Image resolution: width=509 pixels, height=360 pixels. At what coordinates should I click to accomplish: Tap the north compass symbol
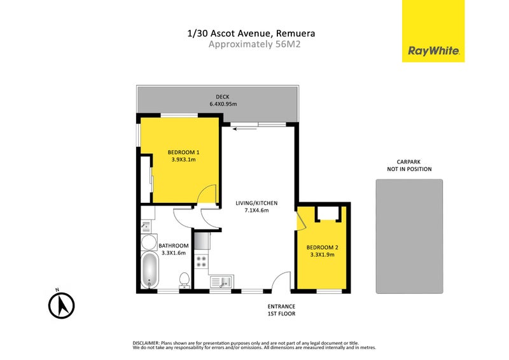62,305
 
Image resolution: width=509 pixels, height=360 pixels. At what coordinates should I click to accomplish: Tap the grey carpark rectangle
409,236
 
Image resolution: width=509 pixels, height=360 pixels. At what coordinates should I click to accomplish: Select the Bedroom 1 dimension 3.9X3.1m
185,160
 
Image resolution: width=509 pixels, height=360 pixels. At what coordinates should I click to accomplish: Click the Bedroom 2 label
320,247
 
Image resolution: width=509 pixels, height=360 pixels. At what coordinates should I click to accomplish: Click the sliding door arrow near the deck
246,129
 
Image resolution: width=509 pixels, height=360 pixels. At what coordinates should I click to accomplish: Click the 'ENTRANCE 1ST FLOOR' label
282,310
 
